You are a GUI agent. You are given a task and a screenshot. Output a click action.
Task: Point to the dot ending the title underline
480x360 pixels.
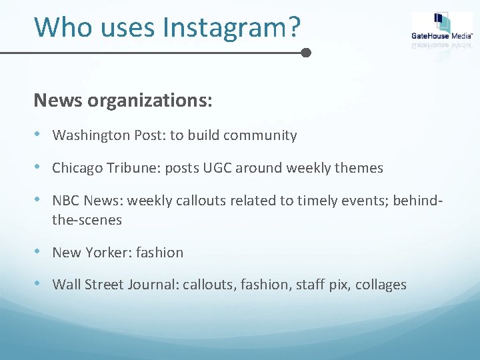[x=306, y=52]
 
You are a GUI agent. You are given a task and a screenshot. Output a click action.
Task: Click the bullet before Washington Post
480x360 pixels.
[x=39, y=135]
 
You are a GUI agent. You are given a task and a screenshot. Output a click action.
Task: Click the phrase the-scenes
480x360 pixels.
[x=87, y=219]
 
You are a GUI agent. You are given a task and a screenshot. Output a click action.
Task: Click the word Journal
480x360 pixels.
[x=149, y=285]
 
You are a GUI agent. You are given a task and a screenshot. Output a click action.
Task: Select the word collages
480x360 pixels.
[x=381, y=285]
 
